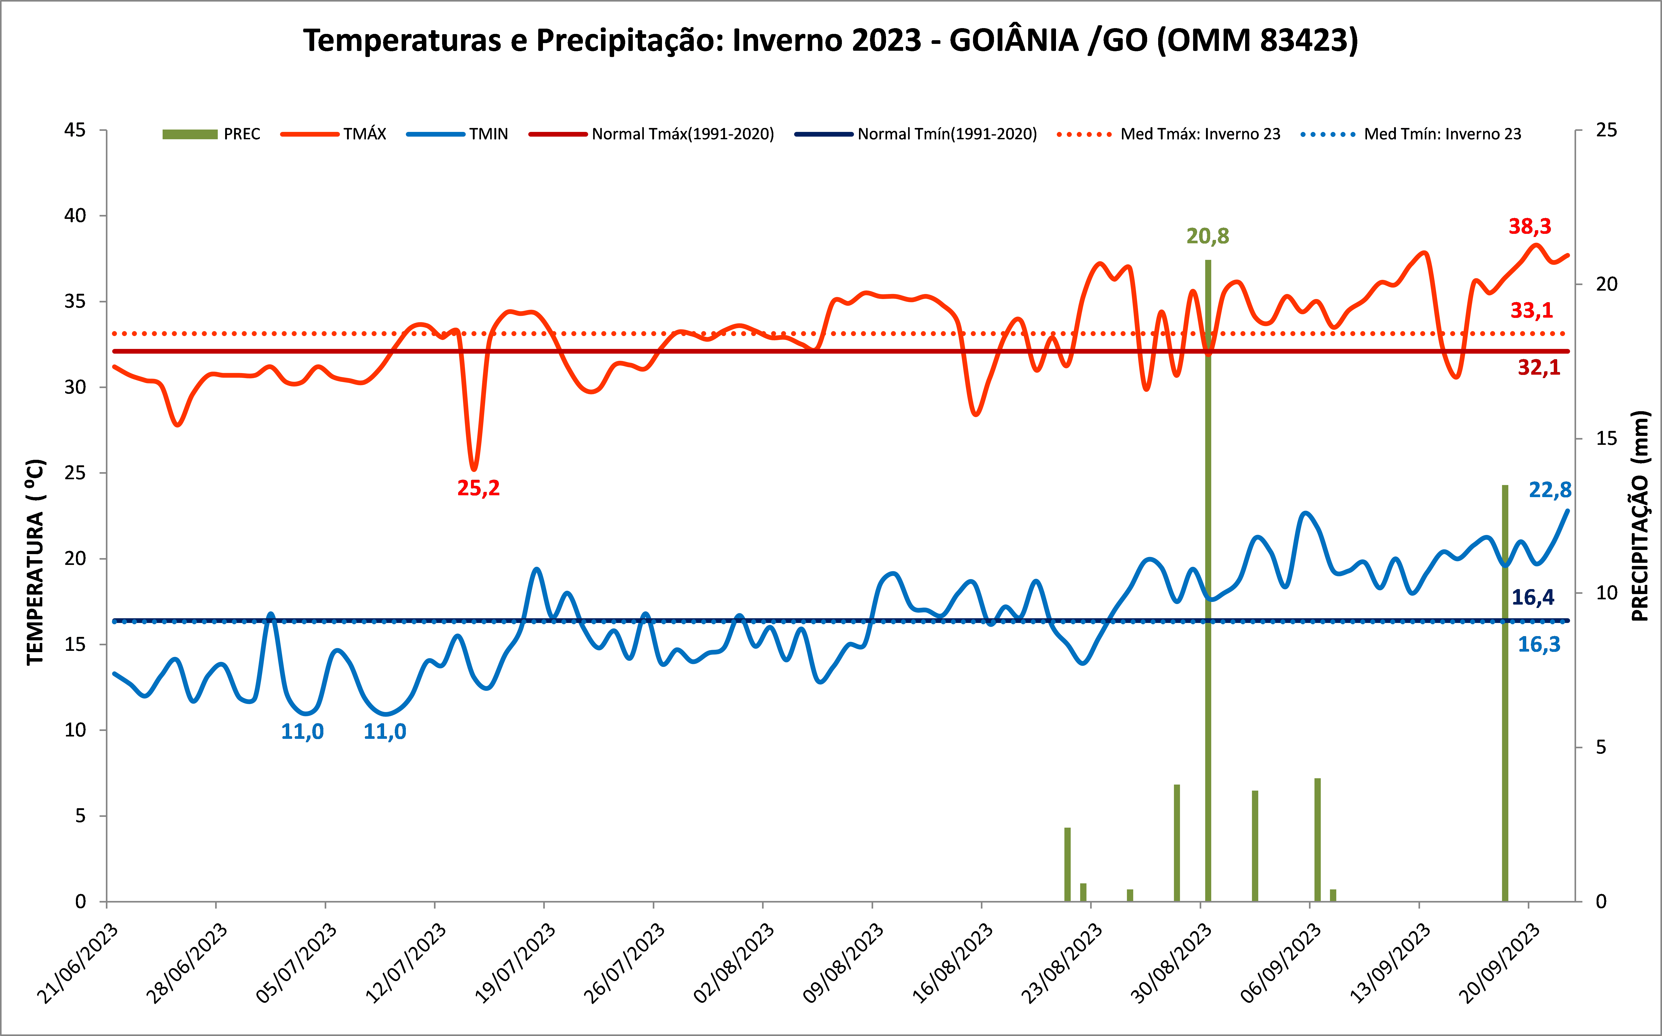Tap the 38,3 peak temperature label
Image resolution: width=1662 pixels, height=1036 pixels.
[1530, 226]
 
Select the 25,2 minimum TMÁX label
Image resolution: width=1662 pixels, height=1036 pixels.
[478, 488]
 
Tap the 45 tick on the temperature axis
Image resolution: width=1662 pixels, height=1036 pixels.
[75, 130]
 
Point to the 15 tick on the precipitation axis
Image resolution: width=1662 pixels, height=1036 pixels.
[1607, 439]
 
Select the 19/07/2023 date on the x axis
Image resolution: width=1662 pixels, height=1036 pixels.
[515, 963]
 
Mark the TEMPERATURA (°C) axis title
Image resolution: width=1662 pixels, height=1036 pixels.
[36, 562]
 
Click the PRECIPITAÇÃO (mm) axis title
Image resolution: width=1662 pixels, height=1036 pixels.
[1639, 516]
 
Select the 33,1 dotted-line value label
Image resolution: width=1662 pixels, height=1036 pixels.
[1532, 310]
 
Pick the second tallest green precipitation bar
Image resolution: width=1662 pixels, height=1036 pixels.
[1505, 692]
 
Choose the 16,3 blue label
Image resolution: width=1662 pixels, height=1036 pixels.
[1539, 644]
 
